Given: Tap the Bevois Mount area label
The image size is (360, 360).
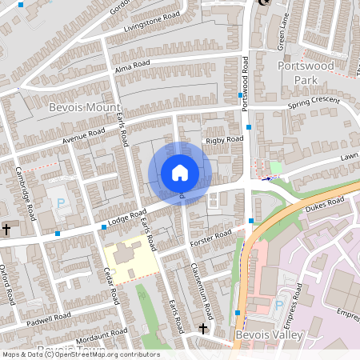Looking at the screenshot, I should coord(84,106).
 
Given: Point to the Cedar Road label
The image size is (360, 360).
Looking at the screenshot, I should coord(112,284).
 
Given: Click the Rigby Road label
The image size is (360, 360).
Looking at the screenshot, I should coord(224,140).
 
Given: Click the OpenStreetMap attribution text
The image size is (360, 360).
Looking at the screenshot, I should coord(80,354).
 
